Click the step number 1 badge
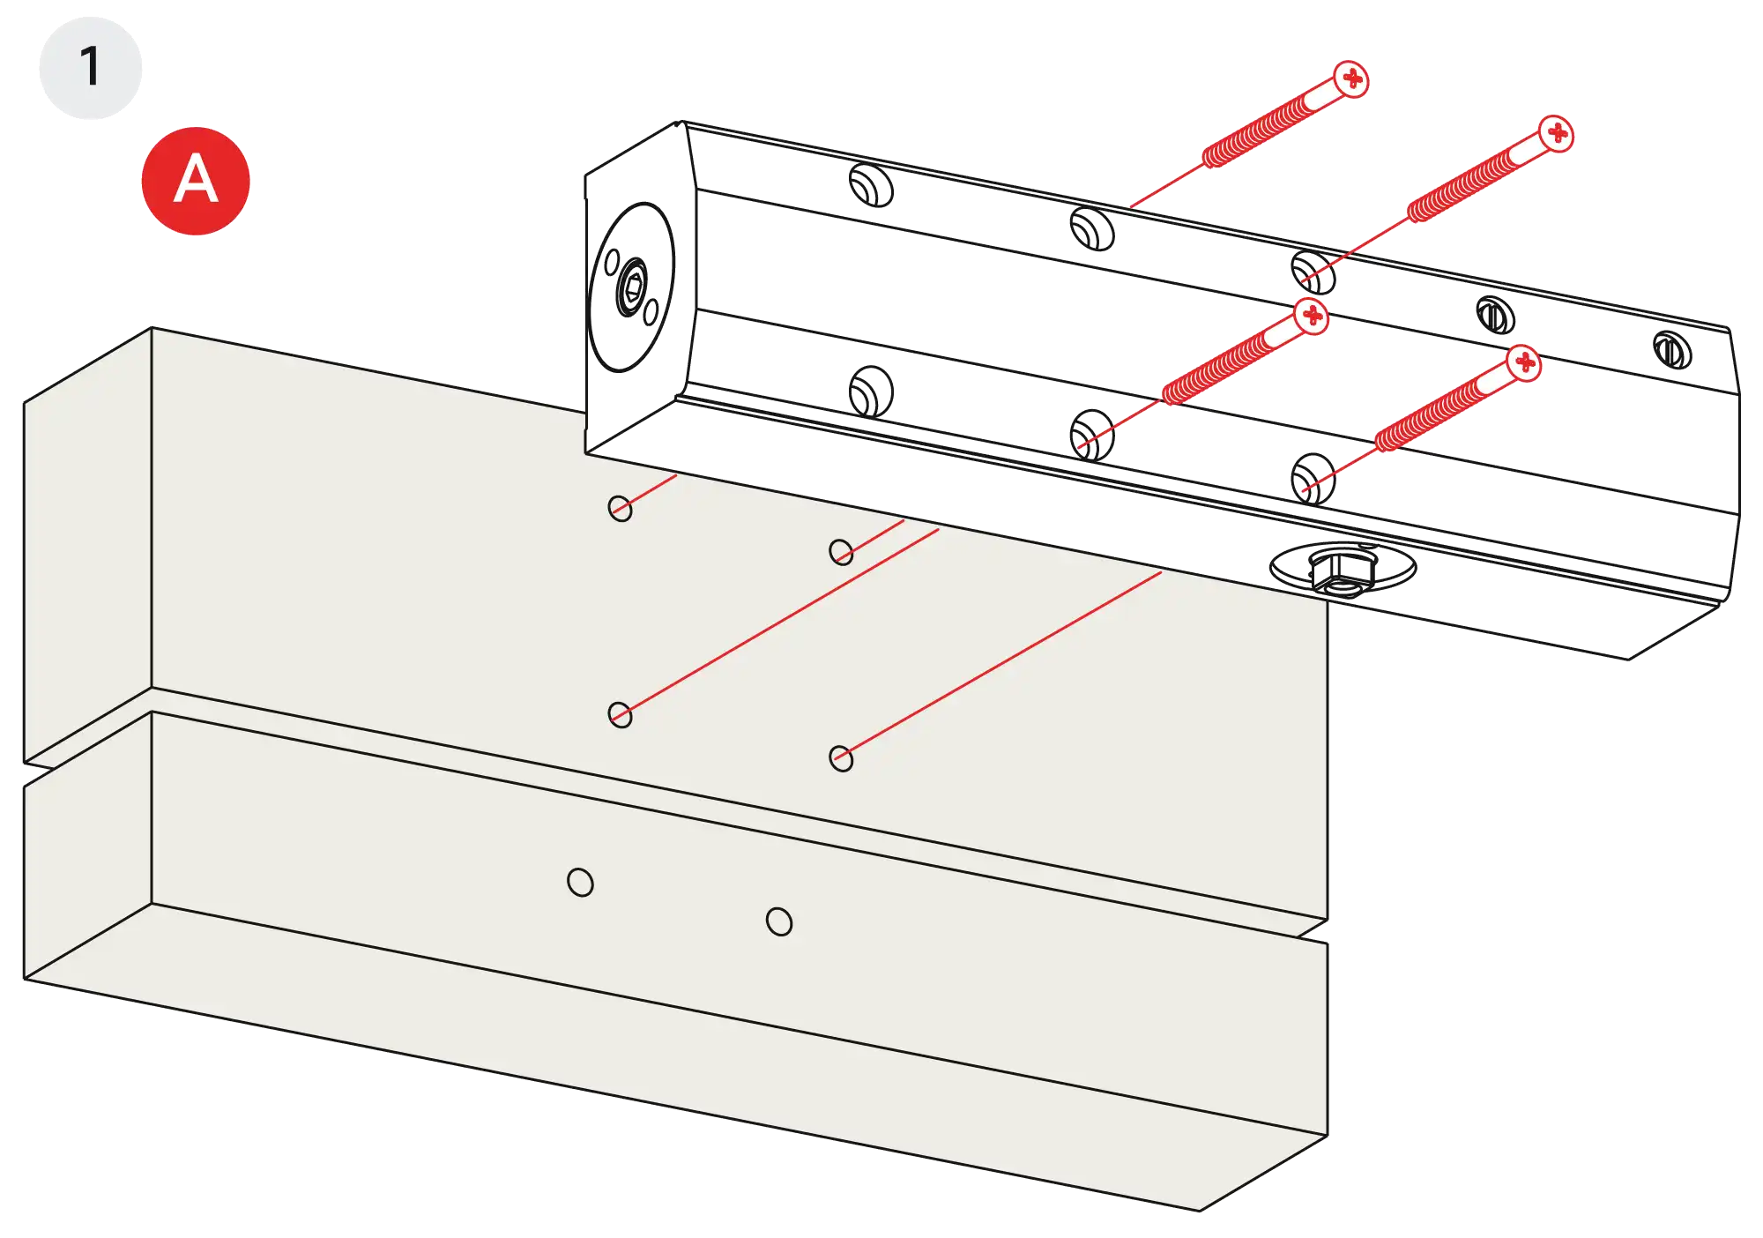point(89,67)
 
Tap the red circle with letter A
point(196,181)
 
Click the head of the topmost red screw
point(1351,79)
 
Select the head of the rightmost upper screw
point(1557,134)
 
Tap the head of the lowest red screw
point(1524,362)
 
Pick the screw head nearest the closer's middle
point(1312,316)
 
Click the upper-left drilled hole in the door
point(621,509)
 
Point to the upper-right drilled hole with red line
point(841,553)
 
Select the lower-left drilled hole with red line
point(621,715)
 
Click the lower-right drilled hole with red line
point(841,758)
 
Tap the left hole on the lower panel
point(580,882)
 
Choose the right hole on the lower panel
point(778,922)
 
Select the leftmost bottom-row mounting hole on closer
point(871,391)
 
